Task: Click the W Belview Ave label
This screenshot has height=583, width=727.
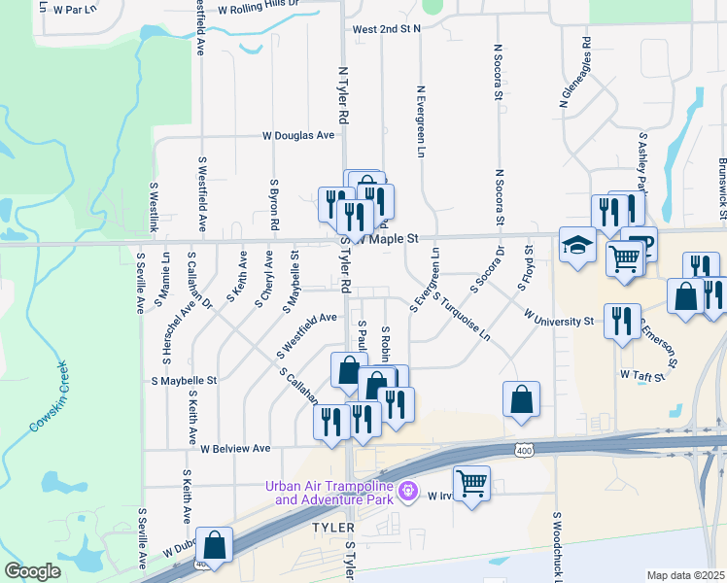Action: tap(235, 449)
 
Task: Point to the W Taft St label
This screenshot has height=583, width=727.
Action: tap(640, 374)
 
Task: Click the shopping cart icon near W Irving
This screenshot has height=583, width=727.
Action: tap(471, 482)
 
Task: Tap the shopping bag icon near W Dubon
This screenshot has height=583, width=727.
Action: tap(214, 544)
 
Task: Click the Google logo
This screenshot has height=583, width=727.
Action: tap(32, 571)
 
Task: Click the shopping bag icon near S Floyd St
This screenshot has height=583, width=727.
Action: tap(521, 397)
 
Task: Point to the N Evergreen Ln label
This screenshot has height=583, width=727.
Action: tap(422, 121)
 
